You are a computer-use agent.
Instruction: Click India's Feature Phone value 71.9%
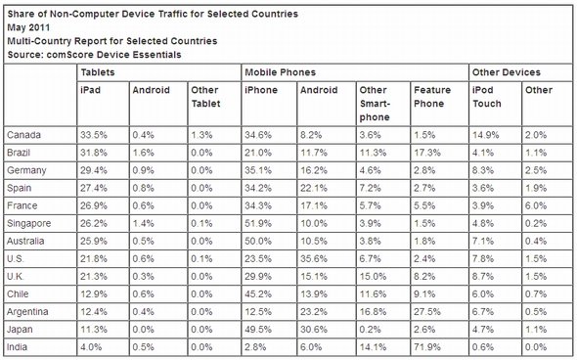tap(426, 347)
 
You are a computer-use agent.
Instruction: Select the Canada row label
tap(23, 135)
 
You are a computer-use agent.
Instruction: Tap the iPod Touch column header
tap(487, 97)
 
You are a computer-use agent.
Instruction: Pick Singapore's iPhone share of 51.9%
tap(258, 223)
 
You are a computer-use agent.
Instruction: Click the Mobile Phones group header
tap(281, 72)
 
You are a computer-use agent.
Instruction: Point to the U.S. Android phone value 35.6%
tap(314, 259)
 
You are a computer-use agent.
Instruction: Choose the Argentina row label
tap(27, 312)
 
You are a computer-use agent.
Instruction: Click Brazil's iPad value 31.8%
tap(94, 153)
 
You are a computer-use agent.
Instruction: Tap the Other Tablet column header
tap(205, 97)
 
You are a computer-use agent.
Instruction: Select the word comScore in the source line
tap(69, 55)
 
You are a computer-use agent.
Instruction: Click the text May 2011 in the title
tap(28, 27)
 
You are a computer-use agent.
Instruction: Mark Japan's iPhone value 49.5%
tap(258, 330)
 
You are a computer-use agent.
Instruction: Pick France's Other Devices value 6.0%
tap(536, 205)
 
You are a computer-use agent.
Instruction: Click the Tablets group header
tap(98, 72)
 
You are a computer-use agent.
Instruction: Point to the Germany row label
tap(26, 170)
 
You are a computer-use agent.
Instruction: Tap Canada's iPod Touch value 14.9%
tap(486, 135)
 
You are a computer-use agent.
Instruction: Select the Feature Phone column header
tap(432, 97)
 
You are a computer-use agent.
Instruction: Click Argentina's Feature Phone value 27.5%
tap(426, 312)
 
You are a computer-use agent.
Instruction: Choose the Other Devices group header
tap(507, 72)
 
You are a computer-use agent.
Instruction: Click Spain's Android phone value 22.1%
tap(314, 188)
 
